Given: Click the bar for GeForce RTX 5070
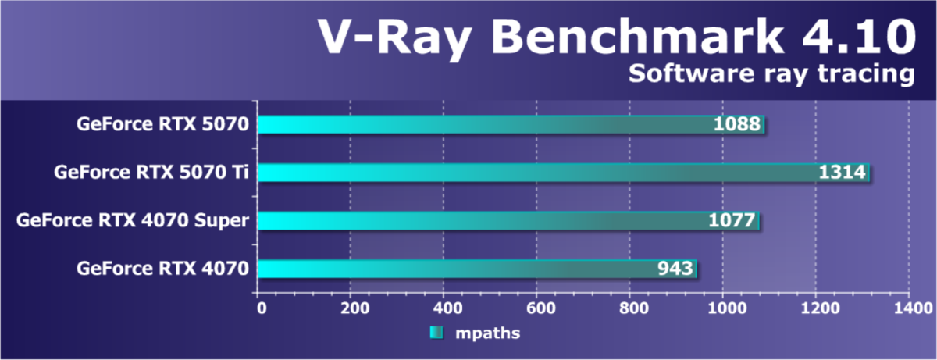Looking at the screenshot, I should tap(484, 125).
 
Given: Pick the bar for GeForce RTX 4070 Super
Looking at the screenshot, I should tap(484, 221).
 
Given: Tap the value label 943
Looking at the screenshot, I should tap(675, 269).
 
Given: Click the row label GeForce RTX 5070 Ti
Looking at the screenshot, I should tap(151, 173).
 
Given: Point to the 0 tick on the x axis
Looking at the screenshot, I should tap(261, 308).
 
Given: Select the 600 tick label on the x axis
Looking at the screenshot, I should tap(536, 308).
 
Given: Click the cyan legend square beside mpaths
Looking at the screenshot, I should tap(436, 333).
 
